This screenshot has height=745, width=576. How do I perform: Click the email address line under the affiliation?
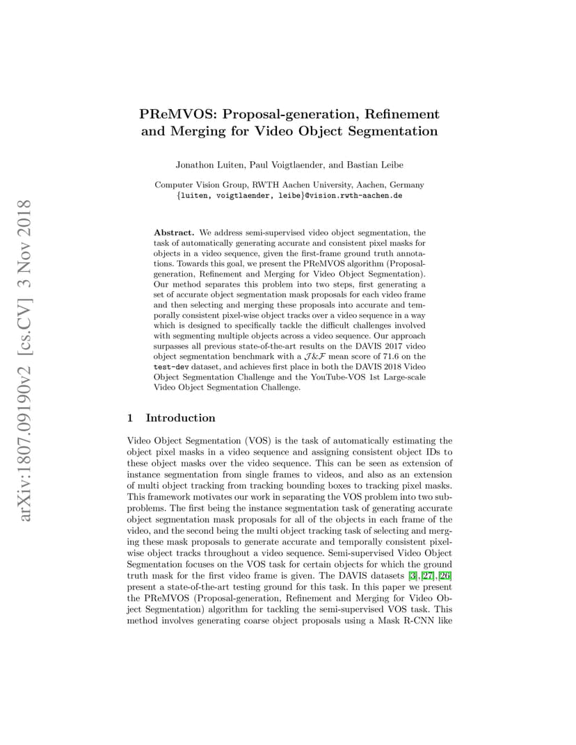coord(289,196)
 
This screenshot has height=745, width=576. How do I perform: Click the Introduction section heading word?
coord(180,418)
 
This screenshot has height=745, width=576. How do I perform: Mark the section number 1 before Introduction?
coord(131,418)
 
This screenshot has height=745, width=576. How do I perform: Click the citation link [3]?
coord(412,576)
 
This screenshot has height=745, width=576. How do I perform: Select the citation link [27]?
coord(426,576)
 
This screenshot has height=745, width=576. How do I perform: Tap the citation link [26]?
coord(445,576)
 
